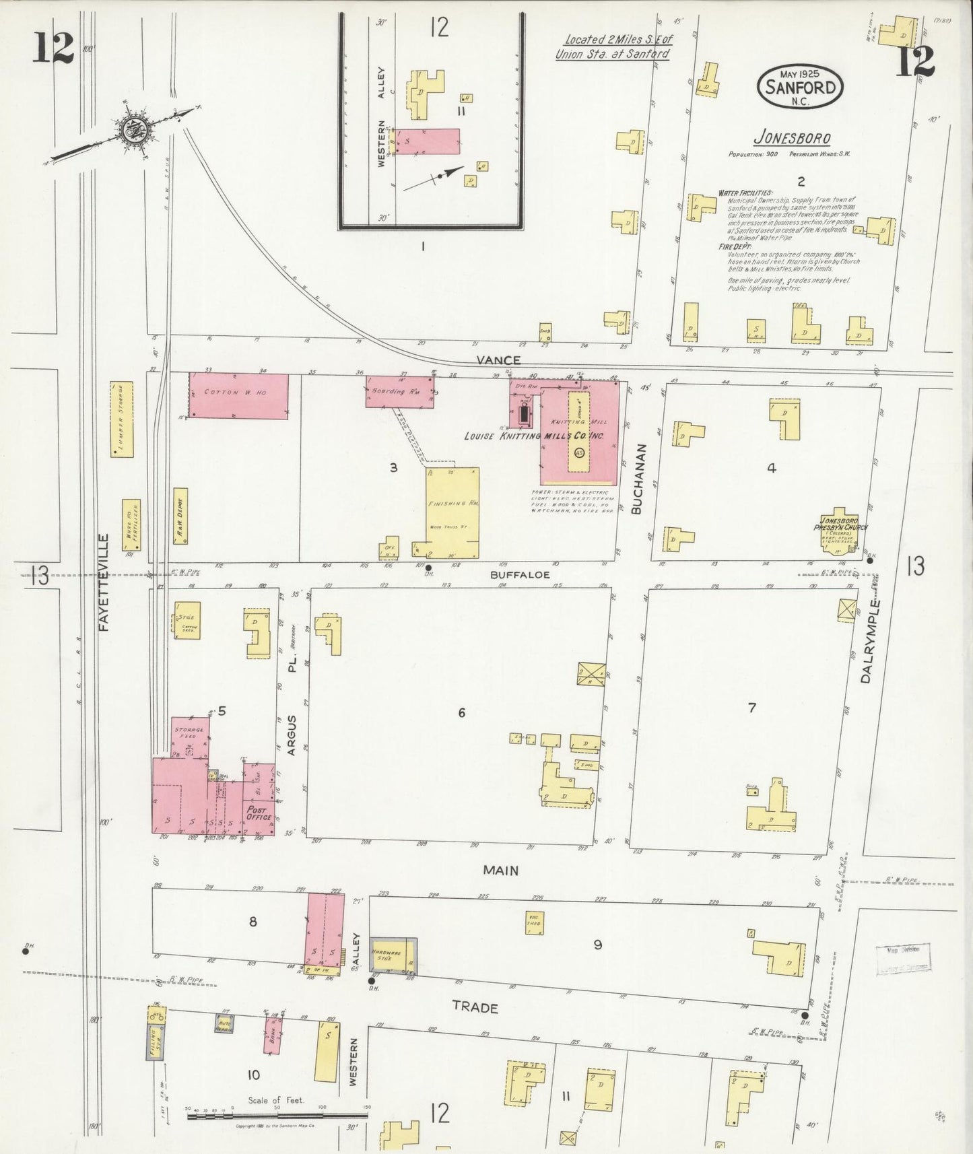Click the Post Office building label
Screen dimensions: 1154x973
(x=259, y=813)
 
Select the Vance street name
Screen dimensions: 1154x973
(x=498, y=360)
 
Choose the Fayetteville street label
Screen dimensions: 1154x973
(x=103, y=582)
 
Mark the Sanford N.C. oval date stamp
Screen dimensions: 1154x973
(x=800, y=88)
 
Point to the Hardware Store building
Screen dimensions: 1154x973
(x=393, y=955)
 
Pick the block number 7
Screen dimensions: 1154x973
(x=751, y=707)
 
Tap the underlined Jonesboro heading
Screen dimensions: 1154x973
(x=791, y=138)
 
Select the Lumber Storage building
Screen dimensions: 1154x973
(x=122, y=419)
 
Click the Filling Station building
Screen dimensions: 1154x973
(x=156, y=1033)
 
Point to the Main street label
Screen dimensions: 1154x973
(x=500, y=871)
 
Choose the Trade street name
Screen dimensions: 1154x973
(x=475, y=1007)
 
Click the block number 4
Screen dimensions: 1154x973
(x=772, y=468)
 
